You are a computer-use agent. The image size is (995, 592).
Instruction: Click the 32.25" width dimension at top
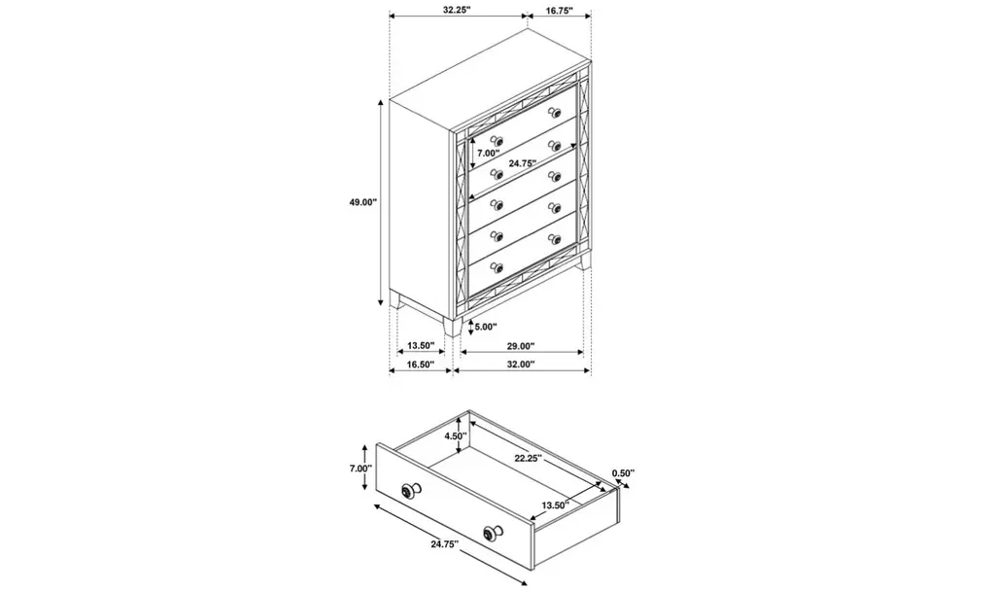point(457,10)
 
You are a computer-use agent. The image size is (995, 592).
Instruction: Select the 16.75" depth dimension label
point(559,10)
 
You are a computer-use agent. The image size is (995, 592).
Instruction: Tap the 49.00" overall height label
point(363,202)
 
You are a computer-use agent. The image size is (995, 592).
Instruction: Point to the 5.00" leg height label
point(486,327)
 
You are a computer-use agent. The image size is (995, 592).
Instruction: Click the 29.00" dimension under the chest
point(521,346)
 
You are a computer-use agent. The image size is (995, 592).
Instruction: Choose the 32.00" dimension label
point(521,365)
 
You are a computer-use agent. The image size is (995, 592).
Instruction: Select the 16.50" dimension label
point(420,365)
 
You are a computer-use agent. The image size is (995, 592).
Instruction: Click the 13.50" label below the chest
point(420,346)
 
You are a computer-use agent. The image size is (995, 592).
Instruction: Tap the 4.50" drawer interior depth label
point(456,435)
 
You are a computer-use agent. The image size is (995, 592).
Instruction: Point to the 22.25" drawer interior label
point(528,458)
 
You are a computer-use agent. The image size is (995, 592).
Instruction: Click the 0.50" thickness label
point(623,472)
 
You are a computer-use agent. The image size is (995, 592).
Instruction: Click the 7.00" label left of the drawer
point(360,469)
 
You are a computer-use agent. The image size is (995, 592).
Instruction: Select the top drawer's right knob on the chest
point(555,113)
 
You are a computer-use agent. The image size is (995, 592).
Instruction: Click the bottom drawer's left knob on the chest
point(497,267)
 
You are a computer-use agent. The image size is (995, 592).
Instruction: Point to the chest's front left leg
point(453,327)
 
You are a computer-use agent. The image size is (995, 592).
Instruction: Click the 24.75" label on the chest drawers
point(523,163)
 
